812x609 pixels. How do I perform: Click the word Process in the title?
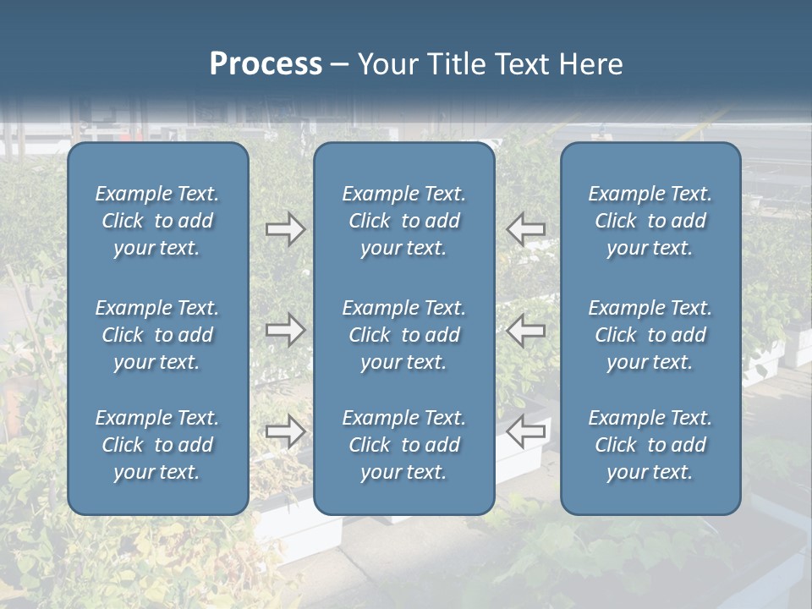click(266, 64)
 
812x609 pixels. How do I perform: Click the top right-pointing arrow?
click(285, 229)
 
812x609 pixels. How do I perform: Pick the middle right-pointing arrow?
click(285, 330)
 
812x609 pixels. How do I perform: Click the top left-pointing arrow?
click(526, 229)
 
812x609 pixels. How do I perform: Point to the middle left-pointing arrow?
click(526, 330)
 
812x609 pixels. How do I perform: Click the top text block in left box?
click(157, 221)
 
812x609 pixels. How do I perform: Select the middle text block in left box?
click(157, 335)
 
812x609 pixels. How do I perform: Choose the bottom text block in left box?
click(157, 445)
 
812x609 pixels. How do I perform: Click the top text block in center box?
click(404, 221)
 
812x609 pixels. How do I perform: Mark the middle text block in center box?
click(404, 335)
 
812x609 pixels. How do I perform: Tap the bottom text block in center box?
click(404, 445)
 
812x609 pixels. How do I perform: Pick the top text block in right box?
click(650, 221)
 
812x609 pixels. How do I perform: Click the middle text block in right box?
click(650, 335)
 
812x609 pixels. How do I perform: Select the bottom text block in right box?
click(650, 445)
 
